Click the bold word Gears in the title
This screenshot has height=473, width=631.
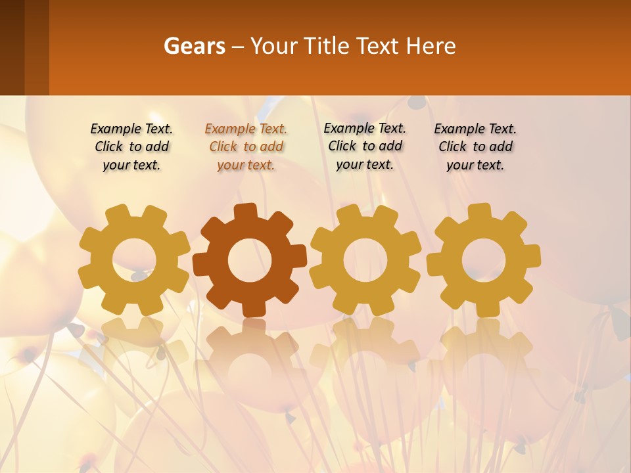coord(193,46)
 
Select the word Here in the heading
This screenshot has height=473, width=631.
coord(431,46)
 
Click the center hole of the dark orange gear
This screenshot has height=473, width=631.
coord(249,260)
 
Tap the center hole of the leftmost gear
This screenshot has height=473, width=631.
coord(134,260)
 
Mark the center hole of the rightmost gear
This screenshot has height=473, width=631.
coord(484,260)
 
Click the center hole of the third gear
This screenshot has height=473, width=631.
coord(365,260)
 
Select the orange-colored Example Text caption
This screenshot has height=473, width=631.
coord(246,147)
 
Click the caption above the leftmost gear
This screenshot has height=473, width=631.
coord(131,147)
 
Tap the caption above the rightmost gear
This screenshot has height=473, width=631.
coord(475,147)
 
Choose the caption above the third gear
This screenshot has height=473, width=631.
coord(365,146)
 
